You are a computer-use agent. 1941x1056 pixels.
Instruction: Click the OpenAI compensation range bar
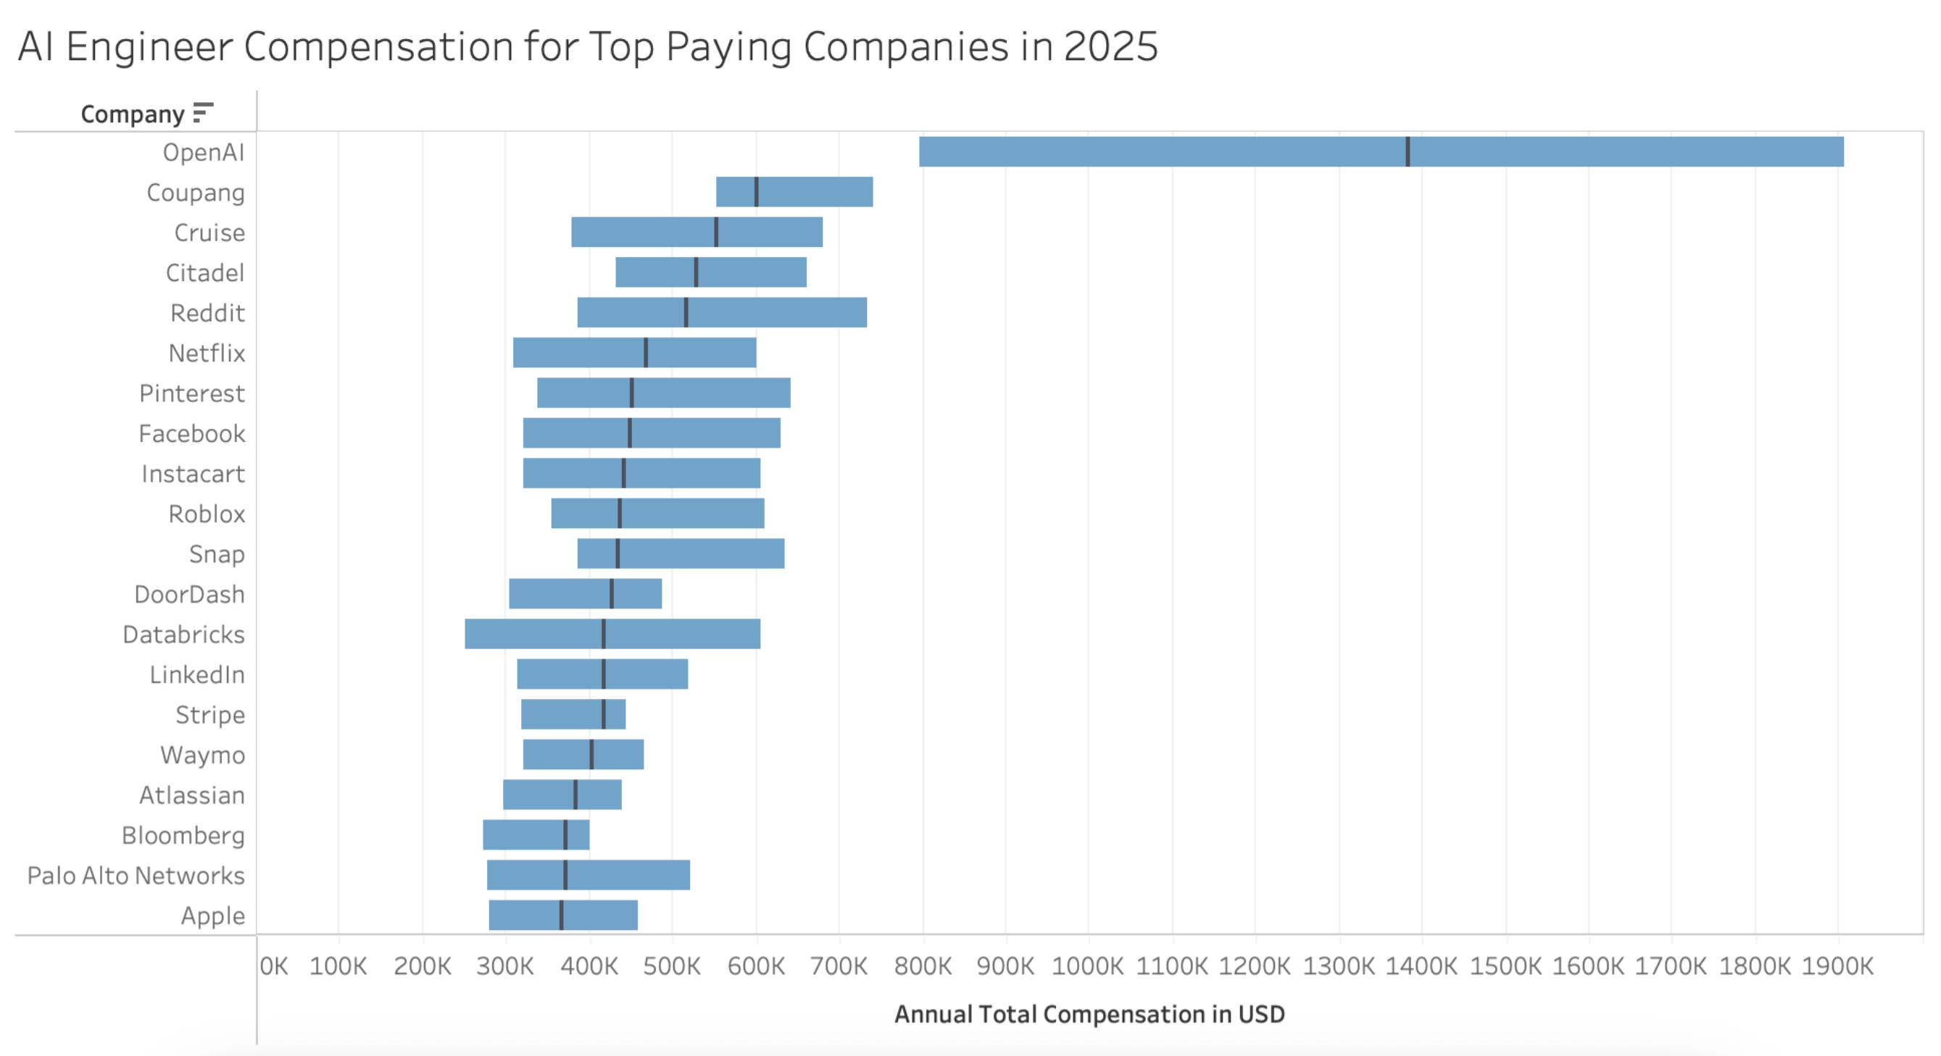point(1205,151)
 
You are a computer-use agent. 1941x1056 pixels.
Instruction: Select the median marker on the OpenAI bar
point(1408,151)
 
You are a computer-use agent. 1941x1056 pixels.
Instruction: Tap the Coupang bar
point(814,192)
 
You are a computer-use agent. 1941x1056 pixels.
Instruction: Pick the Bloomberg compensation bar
point(528,834)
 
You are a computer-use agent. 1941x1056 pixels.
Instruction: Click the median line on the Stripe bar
point(604,714)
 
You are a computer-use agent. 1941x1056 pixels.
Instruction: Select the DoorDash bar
point(557,593)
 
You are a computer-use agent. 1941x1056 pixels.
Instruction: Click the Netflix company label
point(207,353)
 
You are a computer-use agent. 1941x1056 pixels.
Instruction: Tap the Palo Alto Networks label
point(136,875)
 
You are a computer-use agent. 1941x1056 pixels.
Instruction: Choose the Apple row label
point(212,916)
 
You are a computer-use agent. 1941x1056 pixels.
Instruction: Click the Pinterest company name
point(191,393)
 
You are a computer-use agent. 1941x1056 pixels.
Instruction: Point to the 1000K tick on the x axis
point(1087,965)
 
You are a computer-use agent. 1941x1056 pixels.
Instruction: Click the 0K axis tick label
point(273,965)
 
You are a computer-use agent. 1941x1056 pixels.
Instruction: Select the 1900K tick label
point(1837,965)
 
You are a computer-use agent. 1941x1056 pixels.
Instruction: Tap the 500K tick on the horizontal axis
point(671,965)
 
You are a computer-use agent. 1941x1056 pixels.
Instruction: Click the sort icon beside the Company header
point(203,113)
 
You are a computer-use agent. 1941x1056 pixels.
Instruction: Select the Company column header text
point(133,114)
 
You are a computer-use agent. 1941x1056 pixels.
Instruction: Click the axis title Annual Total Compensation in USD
point(1089,1015)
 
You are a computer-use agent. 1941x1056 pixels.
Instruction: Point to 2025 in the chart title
point(1110,46)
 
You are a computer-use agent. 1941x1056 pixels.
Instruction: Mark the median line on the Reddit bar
point(686,313)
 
